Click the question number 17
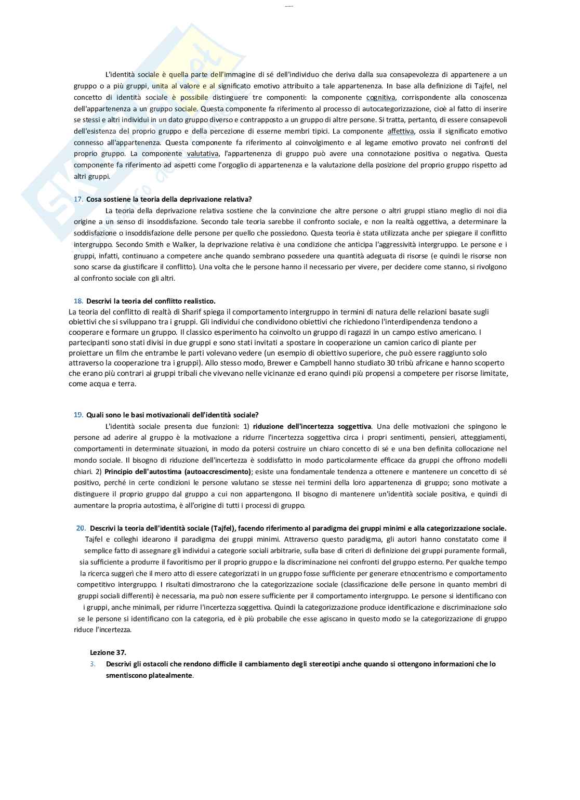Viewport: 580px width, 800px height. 78,199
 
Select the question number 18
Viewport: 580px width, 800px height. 78,301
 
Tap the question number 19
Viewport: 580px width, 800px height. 78,415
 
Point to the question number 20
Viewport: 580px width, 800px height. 81,528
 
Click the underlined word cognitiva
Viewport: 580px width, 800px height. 381,97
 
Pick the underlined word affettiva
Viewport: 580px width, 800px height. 401,131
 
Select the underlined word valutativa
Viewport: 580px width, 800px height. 203,154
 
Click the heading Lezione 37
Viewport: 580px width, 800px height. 108,652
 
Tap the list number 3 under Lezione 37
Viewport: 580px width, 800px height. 92,664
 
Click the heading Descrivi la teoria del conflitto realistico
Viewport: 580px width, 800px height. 151,301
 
